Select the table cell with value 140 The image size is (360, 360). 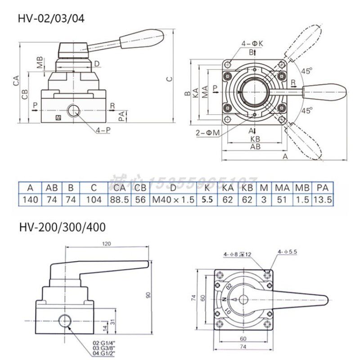pyautogui.click(x=30, y=200)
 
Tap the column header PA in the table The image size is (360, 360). pyautogui.click(x=322, y=188)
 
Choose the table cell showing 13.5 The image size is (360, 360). pyautogui.click(x=322, y=200)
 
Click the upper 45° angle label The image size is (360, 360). pyautogui.click(x=307, y=71)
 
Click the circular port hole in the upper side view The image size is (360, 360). pyautogui.click(x=73, y=110)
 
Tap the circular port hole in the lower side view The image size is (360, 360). pyautogui.click(x=65, y=320)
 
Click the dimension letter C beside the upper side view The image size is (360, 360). pyautogui.click(x=169, y=79)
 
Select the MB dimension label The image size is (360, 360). pyautogui.click(x=40, y=62)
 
